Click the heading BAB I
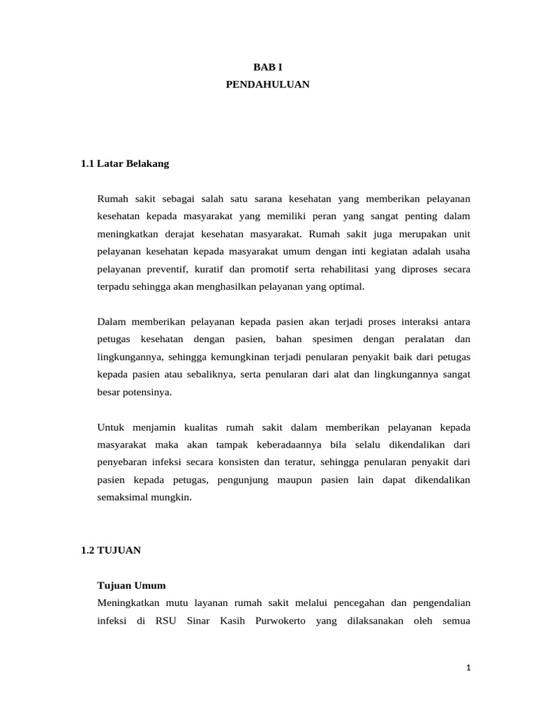tap(267, 67)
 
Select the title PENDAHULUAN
tap(267, 84)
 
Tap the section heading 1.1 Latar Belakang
tap(125, 164)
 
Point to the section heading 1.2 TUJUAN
tap(111, 550)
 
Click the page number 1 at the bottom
tap(469, 668)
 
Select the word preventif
tap(169, 269)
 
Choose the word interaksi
tap(414, 322)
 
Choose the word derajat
tap(184, 234)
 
